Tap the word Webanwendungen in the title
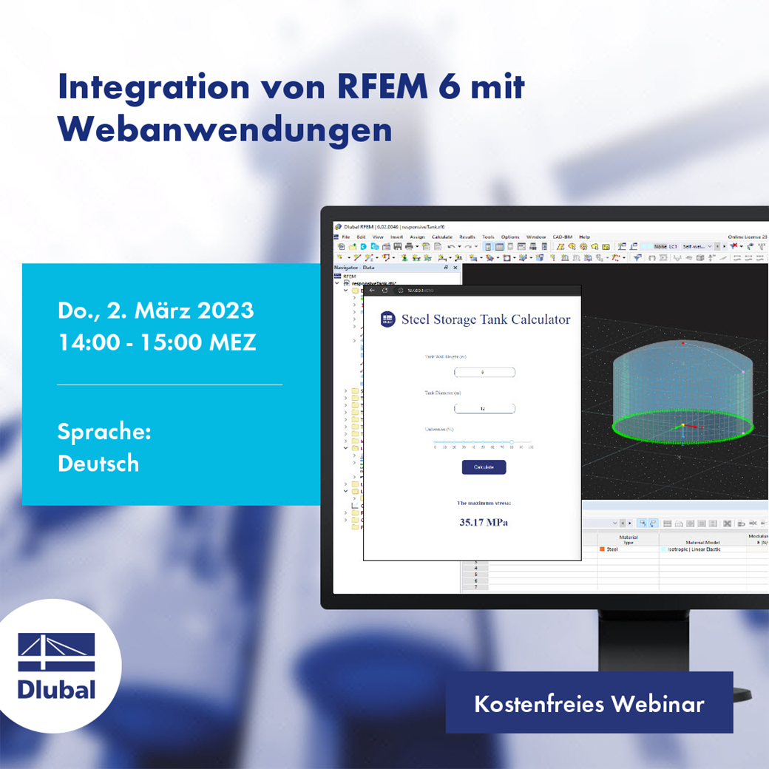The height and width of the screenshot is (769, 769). pos(225,129)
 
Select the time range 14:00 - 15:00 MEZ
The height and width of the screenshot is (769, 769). pos(157,342)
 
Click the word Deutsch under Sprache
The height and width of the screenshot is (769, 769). pos(98,464)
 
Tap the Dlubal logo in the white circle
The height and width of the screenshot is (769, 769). pos(57,665)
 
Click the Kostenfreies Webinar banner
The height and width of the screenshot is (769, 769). pos(589,703)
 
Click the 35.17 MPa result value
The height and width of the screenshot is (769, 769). pos(484,523)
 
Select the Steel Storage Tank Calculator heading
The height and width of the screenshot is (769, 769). pos(486,320)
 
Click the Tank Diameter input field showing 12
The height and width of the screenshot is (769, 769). pos(484,408)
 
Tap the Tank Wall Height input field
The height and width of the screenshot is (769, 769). pos(484,372)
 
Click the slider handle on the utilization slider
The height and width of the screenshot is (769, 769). pos(512,442)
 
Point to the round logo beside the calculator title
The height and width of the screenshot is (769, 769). pos(387,319)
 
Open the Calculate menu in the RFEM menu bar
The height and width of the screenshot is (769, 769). pos(441,237)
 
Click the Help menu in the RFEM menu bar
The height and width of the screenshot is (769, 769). pos(584,237)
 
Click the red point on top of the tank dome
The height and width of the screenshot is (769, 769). pos(682,343)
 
